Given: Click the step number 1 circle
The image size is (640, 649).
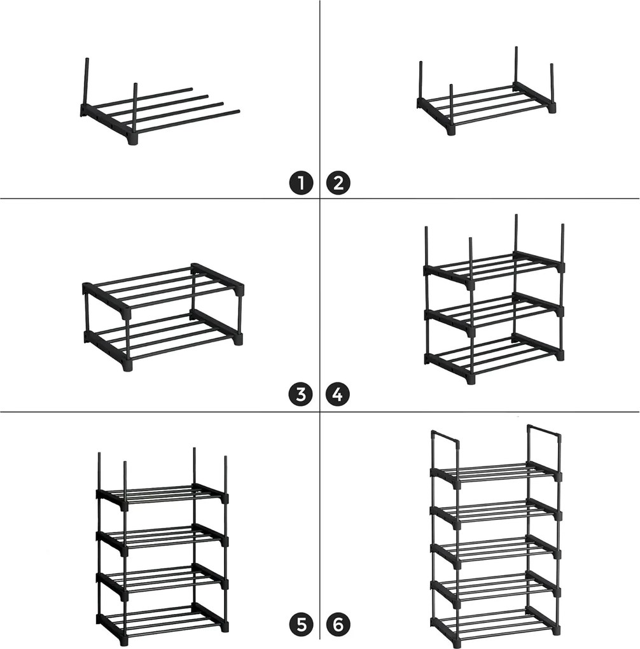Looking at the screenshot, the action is click(301, 183).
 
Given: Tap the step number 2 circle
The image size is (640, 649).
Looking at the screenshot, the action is click(338, 183).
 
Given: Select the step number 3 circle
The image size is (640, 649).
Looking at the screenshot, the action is click(301, 394).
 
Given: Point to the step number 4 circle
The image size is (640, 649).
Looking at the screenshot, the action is click(338, 394).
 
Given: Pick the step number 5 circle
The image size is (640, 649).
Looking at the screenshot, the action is click(302, 625).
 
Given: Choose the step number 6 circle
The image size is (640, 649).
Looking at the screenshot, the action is click(338, 625).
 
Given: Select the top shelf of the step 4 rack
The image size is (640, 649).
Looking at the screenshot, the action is click(494, 269).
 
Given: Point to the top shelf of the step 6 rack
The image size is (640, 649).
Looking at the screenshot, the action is click(496, 474).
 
